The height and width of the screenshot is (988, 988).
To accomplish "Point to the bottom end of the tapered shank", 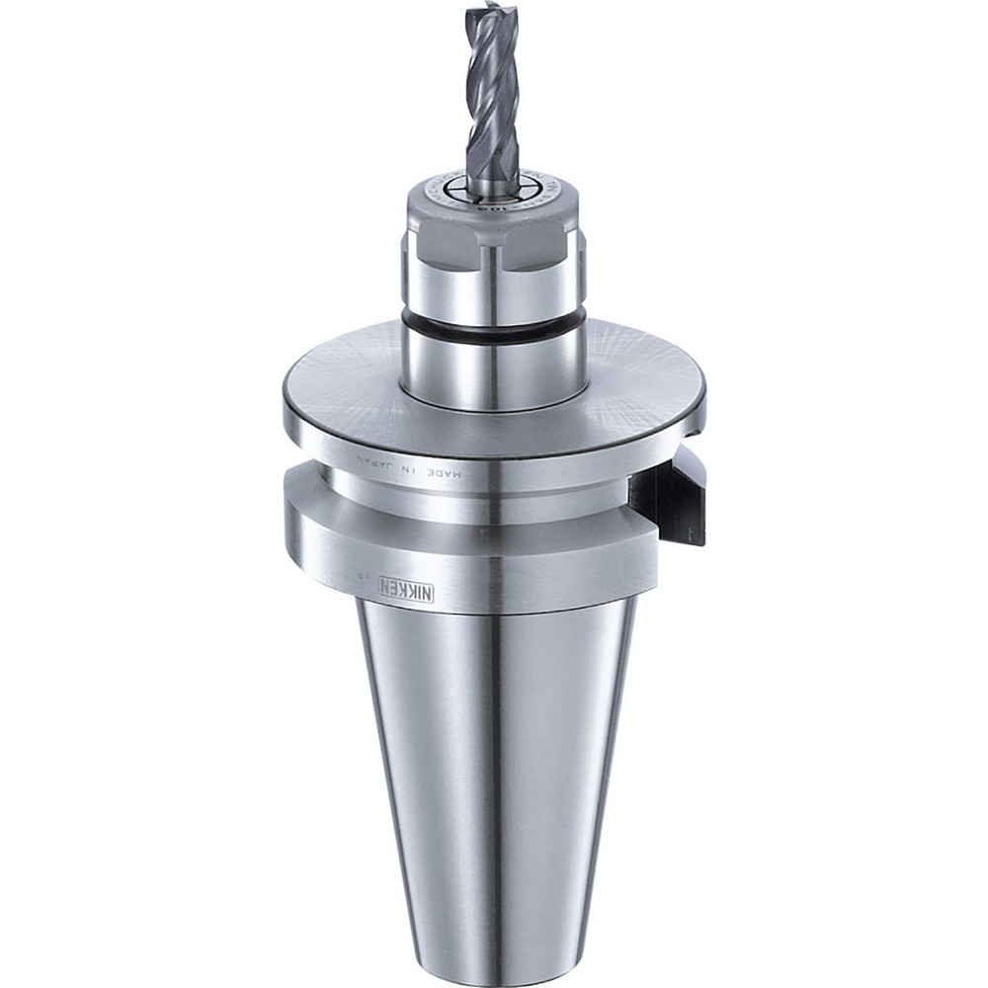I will [x=494, y=963].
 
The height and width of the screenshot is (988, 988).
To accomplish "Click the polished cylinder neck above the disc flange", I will [x=494, y=370].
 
